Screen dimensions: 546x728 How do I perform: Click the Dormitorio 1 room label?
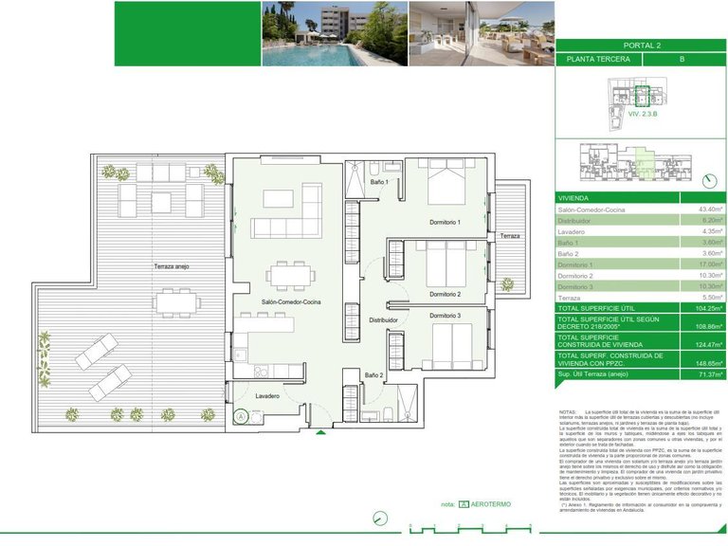[445, 222]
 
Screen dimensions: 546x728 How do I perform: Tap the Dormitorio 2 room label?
[445, 294]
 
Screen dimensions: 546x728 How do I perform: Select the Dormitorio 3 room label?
[445, 315]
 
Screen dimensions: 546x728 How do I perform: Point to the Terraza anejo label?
[173, 267]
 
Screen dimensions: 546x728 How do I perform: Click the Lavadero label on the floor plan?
[266, 395]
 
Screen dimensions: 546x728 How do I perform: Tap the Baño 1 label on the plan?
[379, 181]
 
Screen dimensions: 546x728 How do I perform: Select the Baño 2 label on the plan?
[374, 375]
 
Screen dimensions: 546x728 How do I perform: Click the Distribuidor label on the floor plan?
[383, 320]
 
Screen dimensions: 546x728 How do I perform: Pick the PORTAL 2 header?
[641, 45]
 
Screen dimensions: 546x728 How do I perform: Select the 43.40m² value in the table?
[709, 209]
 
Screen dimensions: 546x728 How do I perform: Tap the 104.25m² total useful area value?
[707, 308]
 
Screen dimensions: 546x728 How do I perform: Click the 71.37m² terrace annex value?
[707, 374]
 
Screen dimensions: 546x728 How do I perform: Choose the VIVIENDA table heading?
[575, 197]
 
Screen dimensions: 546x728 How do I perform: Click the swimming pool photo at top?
[334, 33]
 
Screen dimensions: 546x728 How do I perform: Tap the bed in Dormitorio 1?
[446, 181]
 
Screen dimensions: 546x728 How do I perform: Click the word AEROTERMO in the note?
[491, 504]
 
